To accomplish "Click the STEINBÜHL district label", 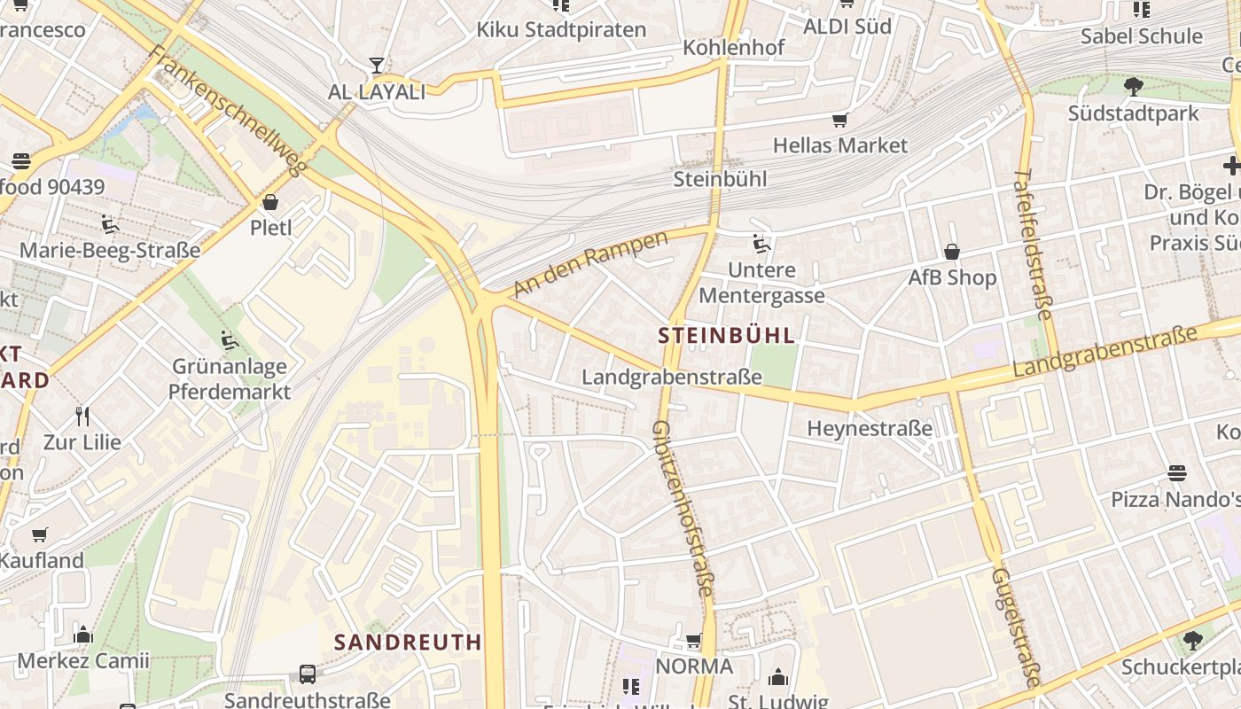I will point(727,337).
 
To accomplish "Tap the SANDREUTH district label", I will point(408,642).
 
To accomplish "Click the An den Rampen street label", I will point(589,264).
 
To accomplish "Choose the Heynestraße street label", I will point(870,429).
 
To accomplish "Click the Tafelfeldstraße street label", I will point(1033,244).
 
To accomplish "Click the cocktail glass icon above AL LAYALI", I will point(377,66).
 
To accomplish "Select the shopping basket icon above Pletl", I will point(270,202).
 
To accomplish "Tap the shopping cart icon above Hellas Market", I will point(839,120).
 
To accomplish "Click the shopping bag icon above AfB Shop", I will point(952,252).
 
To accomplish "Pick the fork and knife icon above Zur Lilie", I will point(82,416).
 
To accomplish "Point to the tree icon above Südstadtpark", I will point(1133,86).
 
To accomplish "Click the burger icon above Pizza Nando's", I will point(1177,472).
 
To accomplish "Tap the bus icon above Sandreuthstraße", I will point(307,674).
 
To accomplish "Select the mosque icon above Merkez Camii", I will point(83,635).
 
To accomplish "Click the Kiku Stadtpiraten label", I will point(561,29).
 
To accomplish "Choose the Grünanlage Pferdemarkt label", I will point(229,378).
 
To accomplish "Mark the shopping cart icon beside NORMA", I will point(694,640).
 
